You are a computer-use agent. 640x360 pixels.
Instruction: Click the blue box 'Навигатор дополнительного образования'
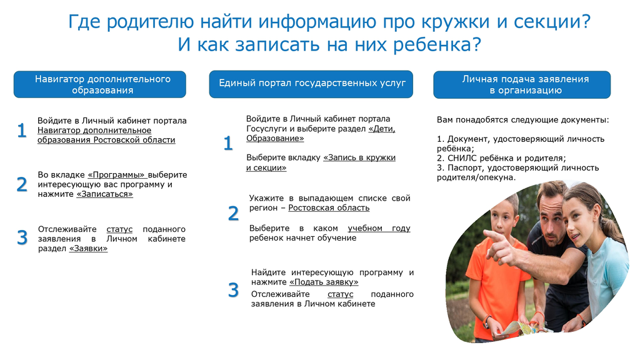click(99, 84)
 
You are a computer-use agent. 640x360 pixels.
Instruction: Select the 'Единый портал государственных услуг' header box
click(311, 84)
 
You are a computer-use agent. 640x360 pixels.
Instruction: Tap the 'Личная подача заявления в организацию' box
click(522, 84)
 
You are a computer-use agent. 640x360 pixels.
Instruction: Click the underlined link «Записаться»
click(105, 194)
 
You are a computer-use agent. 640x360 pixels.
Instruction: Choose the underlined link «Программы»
click(116, 175)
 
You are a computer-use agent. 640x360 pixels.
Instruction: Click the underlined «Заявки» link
click(89, 249)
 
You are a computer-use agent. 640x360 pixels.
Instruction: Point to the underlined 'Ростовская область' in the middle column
click(329, 207)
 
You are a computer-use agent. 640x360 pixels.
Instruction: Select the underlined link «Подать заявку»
click(324, 282)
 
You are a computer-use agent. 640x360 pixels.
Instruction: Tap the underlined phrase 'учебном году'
click(379, 229)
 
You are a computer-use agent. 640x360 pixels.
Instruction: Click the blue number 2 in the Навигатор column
click(22, 184)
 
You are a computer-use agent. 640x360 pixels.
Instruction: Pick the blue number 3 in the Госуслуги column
click(233, 290)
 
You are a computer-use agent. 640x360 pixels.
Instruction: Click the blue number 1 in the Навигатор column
click(22, 131)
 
